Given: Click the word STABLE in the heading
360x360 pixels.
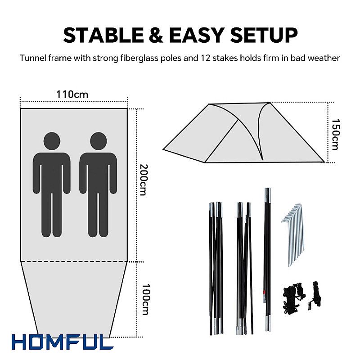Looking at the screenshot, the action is point(103,35).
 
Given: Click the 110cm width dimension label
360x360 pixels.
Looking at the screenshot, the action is point(72,94).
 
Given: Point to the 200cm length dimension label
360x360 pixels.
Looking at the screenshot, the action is point(144,180).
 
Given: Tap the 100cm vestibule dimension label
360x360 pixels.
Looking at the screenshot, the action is point(145,299).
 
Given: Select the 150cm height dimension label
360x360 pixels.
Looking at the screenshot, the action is point(335,134).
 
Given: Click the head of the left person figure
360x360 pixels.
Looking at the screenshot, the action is point(52,141).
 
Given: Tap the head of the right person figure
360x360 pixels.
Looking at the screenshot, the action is point(98,141).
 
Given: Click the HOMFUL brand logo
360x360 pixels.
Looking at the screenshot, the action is point(63,342).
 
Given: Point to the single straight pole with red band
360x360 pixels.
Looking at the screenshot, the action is point(267,260).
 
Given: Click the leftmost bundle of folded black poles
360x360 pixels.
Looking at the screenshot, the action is point(216,268).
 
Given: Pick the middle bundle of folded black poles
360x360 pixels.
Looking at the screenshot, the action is point(244,268).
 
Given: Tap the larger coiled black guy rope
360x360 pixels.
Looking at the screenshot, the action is point(292,297).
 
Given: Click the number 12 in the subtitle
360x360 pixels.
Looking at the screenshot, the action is point(205,58).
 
